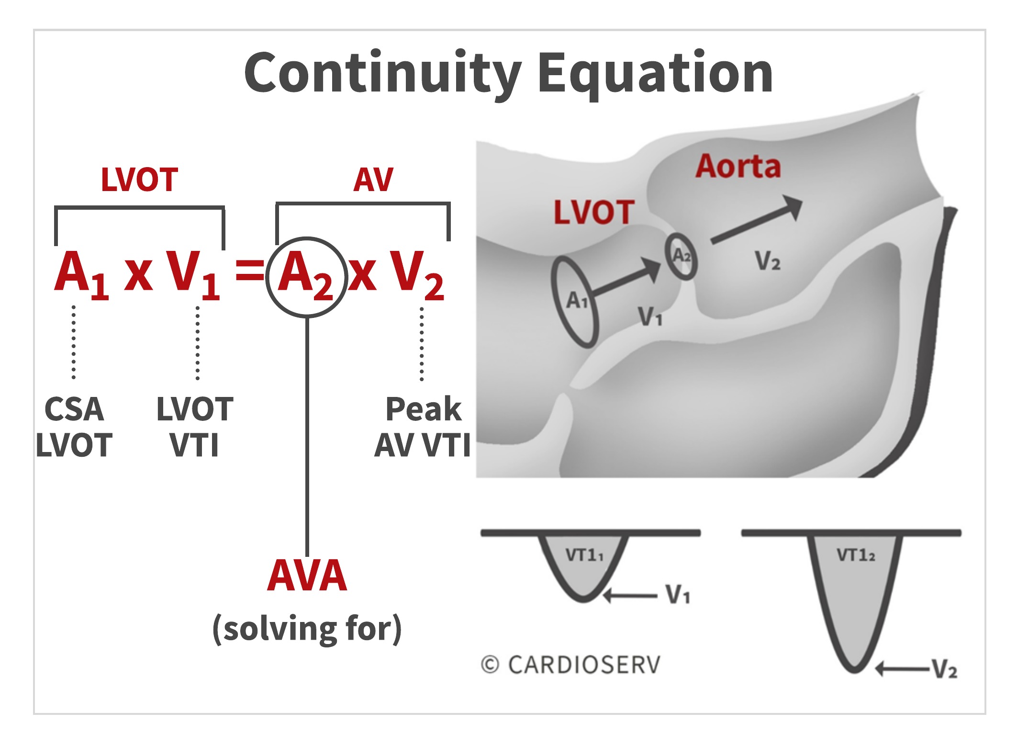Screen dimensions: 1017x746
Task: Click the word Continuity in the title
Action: (382, 73)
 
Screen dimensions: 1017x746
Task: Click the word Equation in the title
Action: (655, 73)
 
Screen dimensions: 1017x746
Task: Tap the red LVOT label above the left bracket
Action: (139, 180)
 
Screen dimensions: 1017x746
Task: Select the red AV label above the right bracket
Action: (373, 180)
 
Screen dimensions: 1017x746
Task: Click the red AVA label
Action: (307, 576)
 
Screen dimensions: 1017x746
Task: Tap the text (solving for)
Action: (307, 629)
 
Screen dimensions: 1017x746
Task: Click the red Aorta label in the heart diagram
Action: (738, 167)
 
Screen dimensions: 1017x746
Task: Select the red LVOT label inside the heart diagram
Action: (594, 212)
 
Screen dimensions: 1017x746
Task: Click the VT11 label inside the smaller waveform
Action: (584, 555)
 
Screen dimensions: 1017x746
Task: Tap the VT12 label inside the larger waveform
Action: (856, 555)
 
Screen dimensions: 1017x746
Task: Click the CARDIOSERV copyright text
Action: (570, 665)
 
